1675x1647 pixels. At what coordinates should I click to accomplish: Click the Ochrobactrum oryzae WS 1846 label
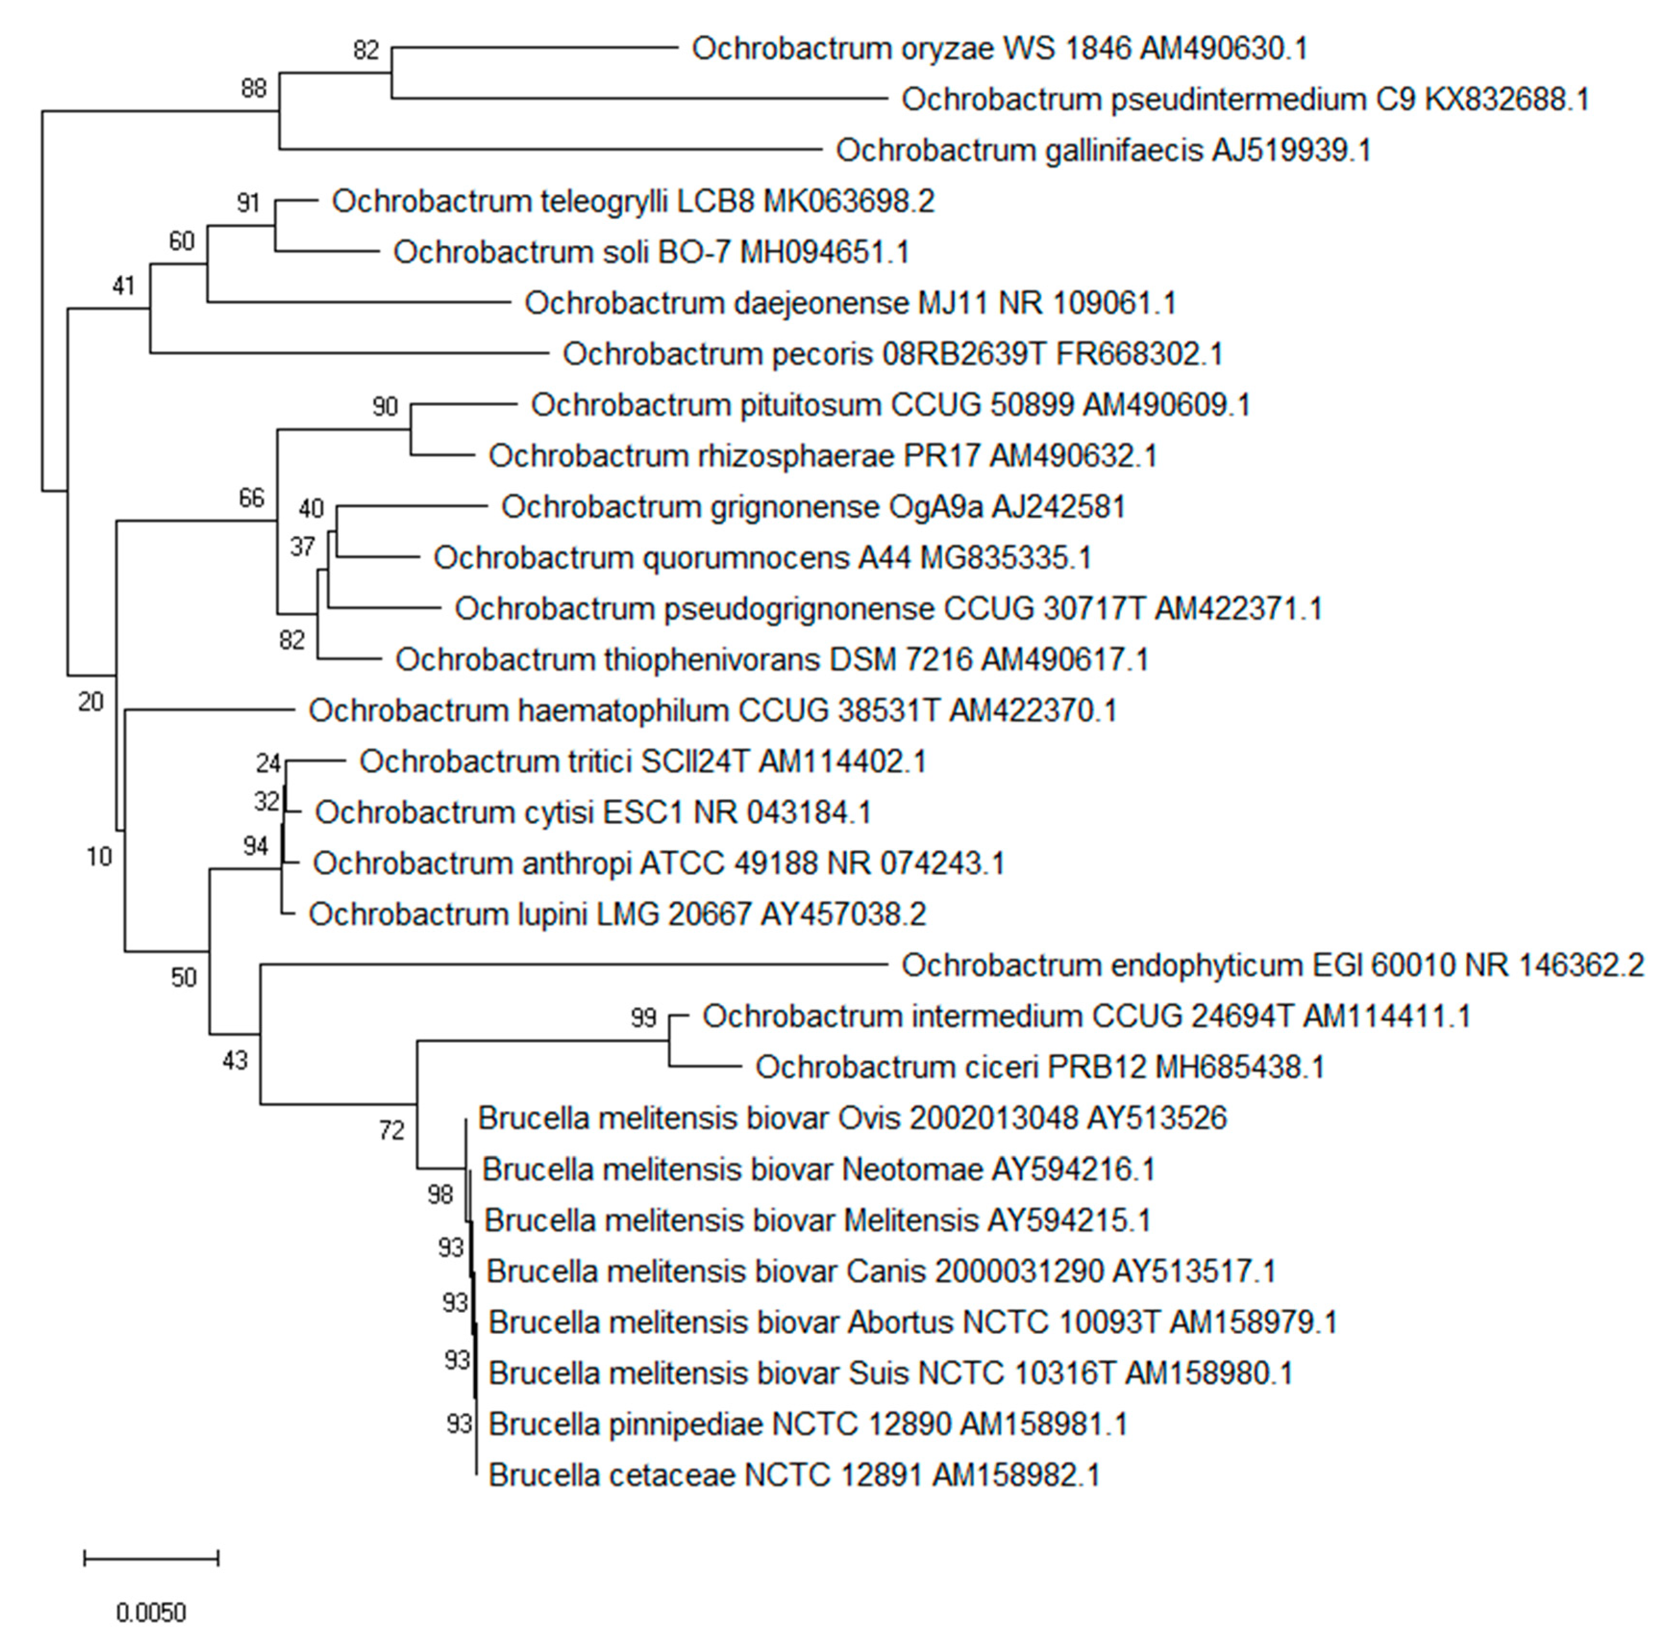(x=999, y=49)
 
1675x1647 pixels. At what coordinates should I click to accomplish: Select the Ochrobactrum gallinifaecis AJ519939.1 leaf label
(x=1103, y=150)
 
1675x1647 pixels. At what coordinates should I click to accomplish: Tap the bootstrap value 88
(x=253, y=88)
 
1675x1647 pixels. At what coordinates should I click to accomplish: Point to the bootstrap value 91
(x=248, y=202)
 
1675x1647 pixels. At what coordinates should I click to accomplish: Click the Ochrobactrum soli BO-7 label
(x=650, y=252)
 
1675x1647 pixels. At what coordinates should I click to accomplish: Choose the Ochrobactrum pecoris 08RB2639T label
(x=892, y=354)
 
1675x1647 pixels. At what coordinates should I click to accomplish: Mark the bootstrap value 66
(x=252, y=498)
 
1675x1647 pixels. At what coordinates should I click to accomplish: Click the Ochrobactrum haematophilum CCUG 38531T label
(x=712, y=711)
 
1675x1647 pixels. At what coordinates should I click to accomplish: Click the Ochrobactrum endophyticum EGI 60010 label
(x=1272, y=965)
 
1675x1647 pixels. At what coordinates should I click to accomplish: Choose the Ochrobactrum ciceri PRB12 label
(x=1039, y=1067)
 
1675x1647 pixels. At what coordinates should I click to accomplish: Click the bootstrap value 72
(x=392, y=1130)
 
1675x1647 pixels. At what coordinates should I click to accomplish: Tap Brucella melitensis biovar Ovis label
(x=852, y=1119)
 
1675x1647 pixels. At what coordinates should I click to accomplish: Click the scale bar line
(x=151, y=1558)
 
